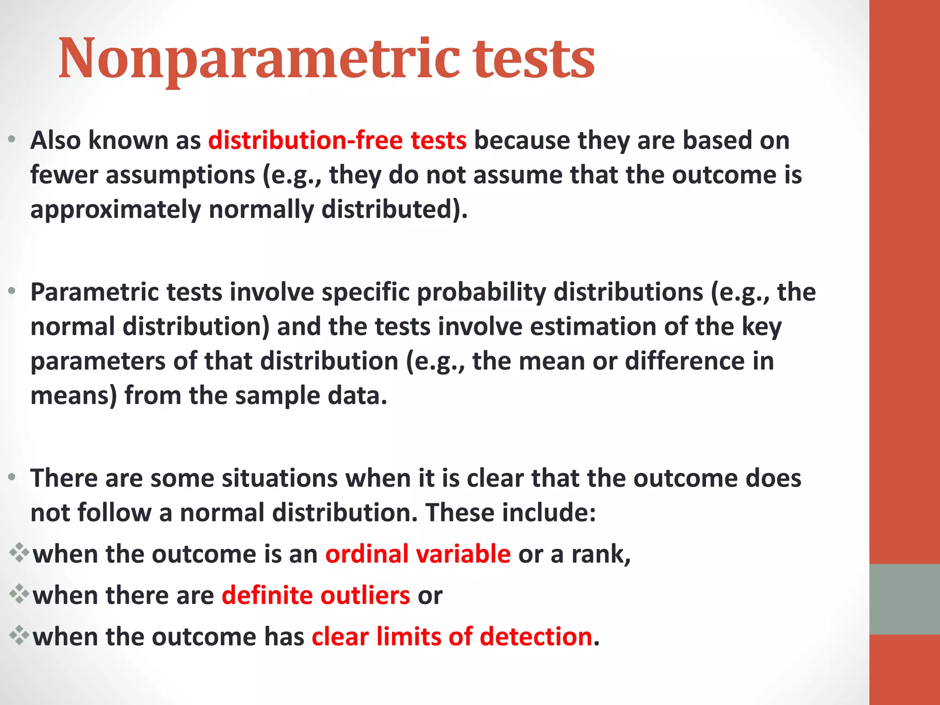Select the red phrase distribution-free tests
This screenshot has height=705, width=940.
[x=337, y=140]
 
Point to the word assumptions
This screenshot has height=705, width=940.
[x=180, y=175]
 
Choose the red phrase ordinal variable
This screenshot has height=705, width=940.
[x=418, y=554]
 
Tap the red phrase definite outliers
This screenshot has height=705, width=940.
[x=316, y=595]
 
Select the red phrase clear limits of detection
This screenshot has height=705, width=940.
[x=452, y=637]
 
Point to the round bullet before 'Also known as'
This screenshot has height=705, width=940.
[x=12, y=139]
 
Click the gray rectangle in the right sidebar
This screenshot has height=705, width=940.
[x=904, y=599]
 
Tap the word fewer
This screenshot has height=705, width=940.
[x=64, y=175]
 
